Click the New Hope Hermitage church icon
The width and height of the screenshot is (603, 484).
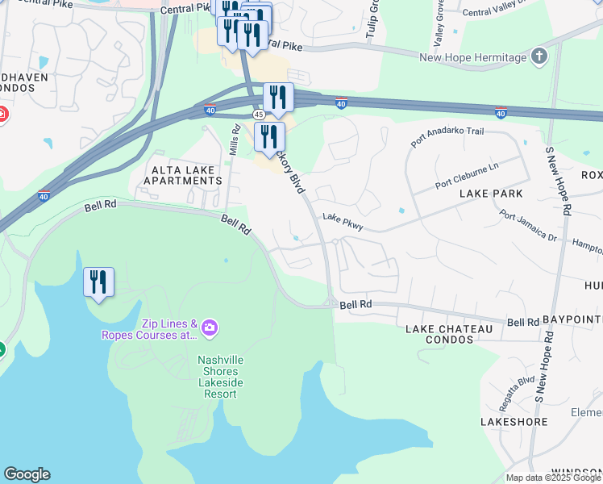pos(539,56)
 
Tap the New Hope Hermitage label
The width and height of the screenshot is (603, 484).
pos(474,57)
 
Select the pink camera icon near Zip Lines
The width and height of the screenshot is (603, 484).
pos(210,327)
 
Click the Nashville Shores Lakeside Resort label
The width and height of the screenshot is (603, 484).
pos(218,377)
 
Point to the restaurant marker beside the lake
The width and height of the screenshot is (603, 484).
pos(98,283)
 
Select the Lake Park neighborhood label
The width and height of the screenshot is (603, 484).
pos(491,194)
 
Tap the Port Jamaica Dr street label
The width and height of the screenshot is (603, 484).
pos(528,227)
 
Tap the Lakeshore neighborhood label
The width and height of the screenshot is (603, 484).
pos(514,422)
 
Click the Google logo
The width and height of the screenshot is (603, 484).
pos(27,474)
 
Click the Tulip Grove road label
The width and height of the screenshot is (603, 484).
pos(374,15)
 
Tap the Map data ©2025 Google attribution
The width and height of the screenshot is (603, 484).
pos(553,478)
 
